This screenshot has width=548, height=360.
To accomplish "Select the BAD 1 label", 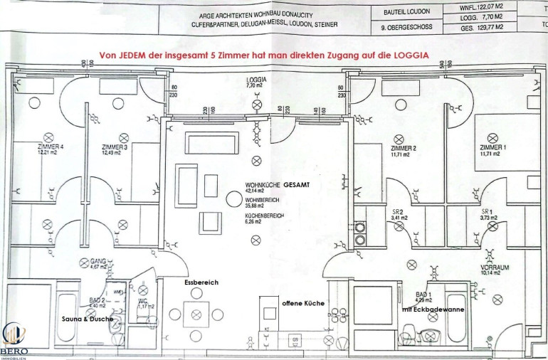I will (423, 294).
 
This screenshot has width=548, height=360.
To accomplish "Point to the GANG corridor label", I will (98, 261).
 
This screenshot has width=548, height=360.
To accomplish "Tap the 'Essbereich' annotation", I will (201, 282).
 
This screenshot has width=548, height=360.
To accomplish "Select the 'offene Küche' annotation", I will (303, 303).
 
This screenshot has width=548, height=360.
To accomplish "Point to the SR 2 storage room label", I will (399, 212).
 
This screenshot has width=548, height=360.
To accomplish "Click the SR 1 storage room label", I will (487, 212).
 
